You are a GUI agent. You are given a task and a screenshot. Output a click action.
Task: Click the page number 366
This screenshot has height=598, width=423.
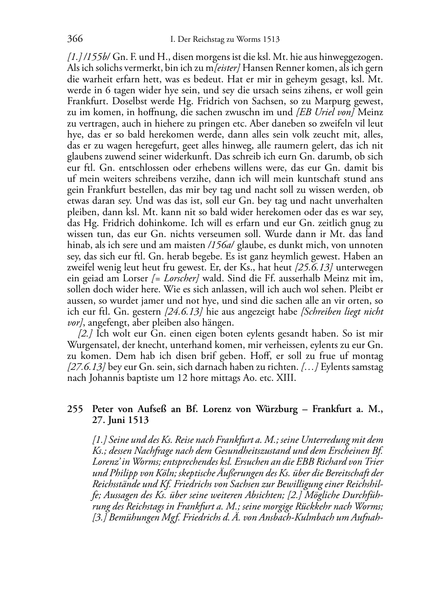tap(75, 39)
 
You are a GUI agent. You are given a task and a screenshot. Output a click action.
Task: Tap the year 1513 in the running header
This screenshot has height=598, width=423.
tap(271, 40)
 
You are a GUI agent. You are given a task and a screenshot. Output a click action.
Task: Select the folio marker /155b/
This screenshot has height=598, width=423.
tap(95, 57)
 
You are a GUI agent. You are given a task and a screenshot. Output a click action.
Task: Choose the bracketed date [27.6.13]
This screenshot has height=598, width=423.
tap(86, 367)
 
